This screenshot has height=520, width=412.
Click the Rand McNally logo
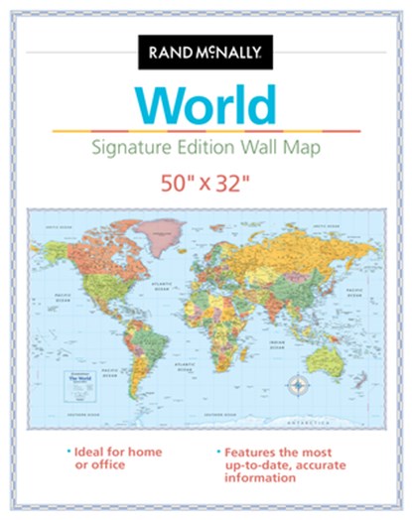[x=206, y=52]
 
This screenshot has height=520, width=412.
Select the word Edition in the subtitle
[x=222, y=149]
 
